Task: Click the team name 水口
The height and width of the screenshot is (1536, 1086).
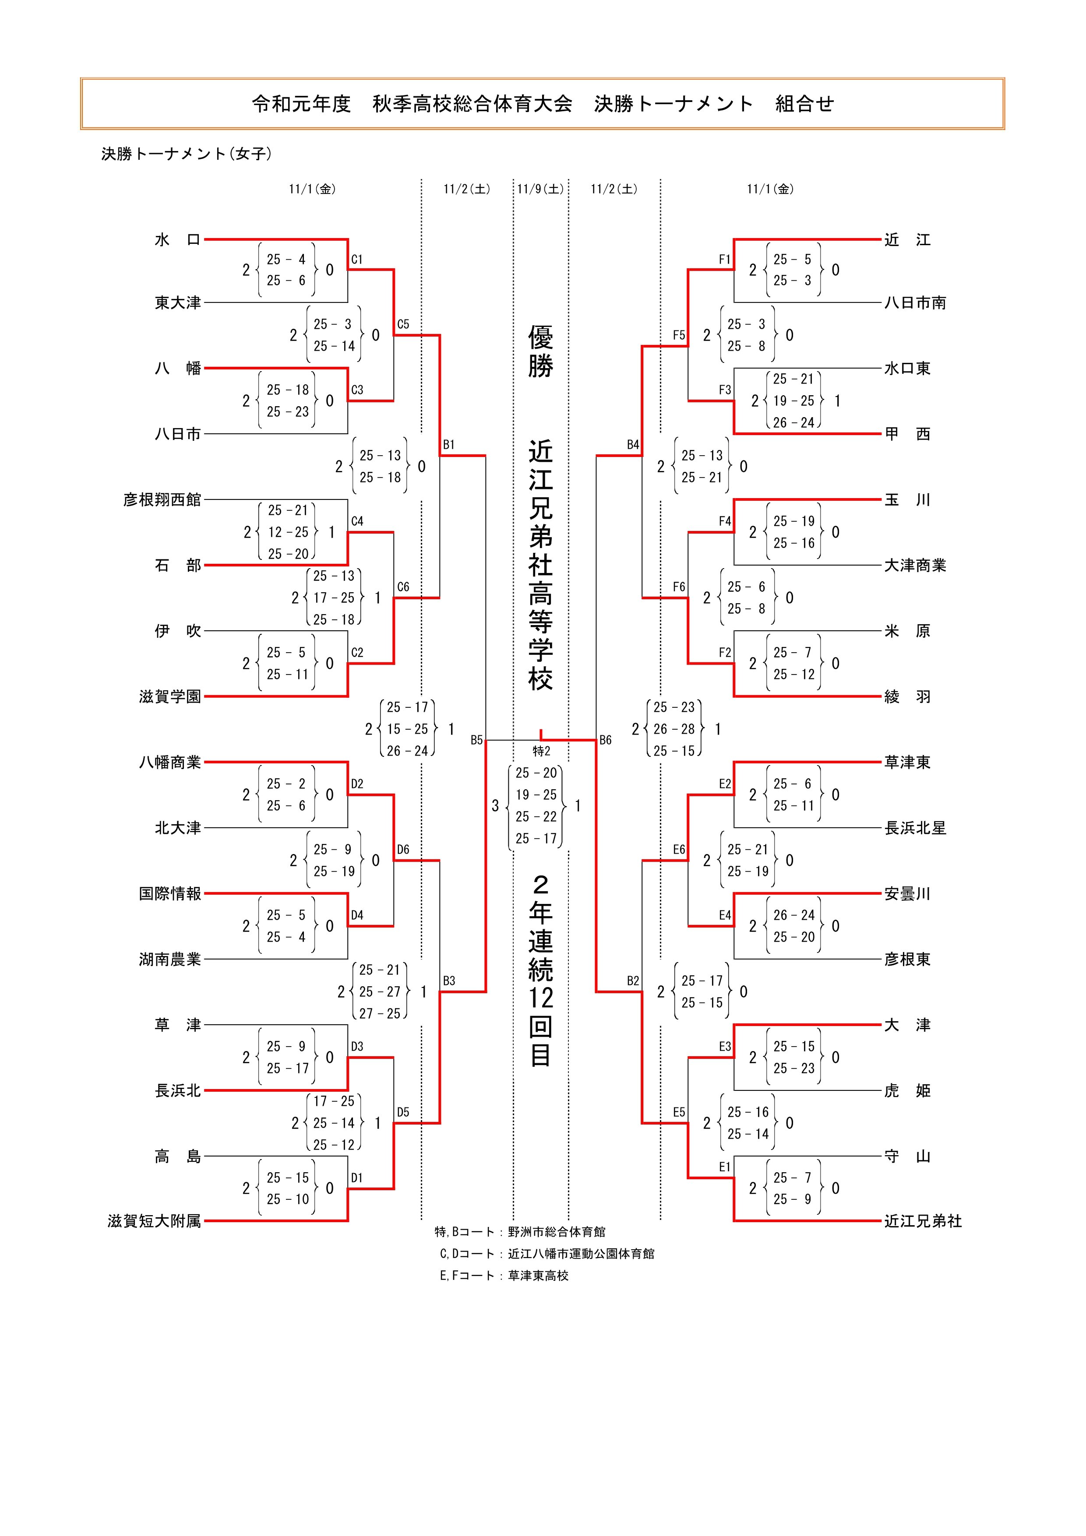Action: [x=177, y=239]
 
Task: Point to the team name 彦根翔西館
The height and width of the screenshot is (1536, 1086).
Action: [x=162, y=500]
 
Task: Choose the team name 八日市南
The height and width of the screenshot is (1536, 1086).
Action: [x=915, y=303]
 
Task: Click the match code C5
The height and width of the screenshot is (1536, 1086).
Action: [x=403, y=324]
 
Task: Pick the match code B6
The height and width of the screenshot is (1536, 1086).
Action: [x=605, y=740]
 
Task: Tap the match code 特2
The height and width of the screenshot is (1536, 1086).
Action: [x=541, y=751]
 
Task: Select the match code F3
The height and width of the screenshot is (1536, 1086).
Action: [x=725, y=390]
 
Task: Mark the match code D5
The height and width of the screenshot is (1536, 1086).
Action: [x=403, y=1112]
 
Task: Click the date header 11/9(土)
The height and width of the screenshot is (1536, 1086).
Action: [x=541, y=190]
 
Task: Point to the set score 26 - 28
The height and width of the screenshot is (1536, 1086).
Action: [x=674, y=729]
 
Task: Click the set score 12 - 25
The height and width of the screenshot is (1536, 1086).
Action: [x=289, y=533]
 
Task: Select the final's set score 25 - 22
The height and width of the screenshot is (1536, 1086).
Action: [x=536, y=817]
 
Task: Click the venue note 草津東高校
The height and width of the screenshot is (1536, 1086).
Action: [x=538, y=1276]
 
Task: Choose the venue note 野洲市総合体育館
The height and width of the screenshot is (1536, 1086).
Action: [x=556, y=1232]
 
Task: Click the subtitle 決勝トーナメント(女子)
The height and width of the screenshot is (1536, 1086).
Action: [x=187, y=154]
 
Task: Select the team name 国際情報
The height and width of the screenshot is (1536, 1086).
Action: [x=170, y=894]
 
